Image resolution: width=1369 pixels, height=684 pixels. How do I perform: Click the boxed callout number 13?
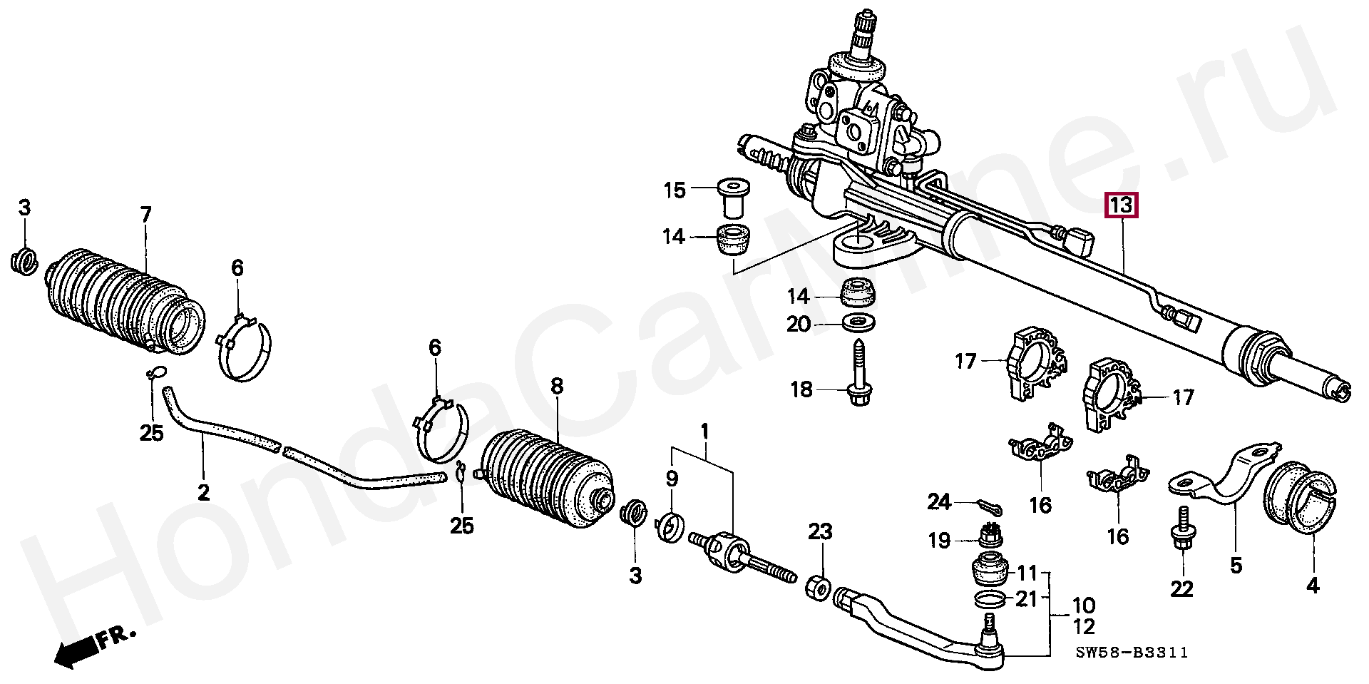tap(1121, 206)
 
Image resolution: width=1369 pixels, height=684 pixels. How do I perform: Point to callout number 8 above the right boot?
tap(556, 387)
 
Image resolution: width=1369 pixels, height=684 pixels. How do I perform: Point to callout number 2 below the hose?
tap(203, 492)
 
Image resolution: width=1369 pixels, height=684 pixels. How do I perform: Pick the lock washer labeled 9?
tap(671, 526)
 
